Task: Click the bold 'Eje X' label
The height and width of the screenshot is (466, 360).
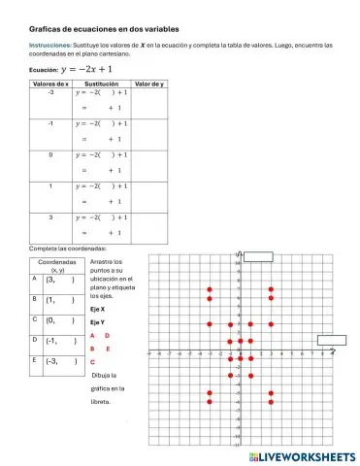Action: [97, 309]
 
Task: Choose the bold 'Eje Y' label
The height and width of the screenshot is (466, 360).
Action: [97, 321]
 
